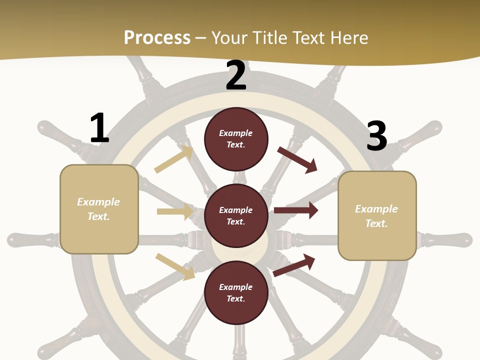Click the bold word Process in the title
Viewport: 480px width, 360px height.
[157, 37]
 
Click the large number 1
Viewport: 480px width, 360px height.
[99, 128]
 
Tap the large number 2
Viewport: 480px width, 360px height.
[236, 75]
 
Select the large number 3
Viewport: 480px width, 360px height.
[376, 136]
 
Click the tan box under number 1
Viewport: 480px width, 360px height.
[99, 209]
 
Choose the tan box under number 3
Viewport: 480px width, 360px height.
[377, 215]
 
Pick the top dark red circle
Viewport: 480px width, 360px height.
[236, 139]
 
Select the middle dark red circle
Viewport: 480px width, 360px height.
[236, 215]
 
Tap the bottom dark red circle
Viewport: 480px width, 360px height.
[236, 292]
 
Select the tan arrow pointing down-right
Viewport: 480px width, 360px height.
[175, 266]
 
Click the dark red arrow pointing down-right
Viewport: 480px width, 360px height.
[297, 159]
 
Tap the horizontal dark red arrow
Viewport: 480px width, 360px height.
[295, 210]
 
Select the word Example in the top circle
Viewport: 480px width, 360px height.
[236, 133]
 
